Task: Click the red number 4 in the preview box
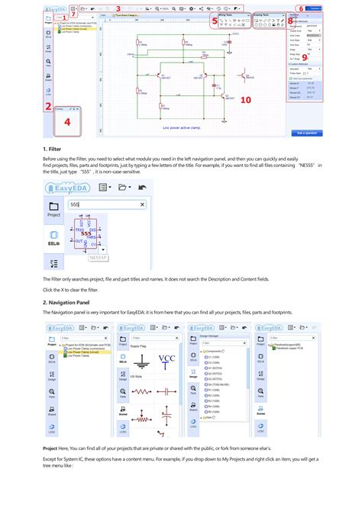66,121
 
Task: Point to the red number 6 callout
300,9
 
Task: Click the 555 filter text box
103,204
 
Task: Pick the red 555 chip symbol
86,233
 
